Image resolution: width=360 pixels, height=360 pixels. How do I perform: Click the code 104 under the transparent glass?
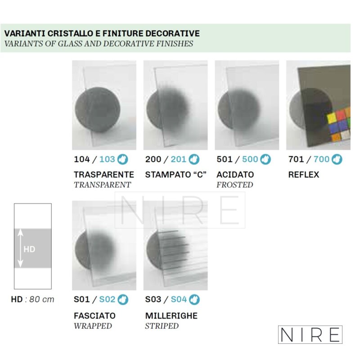(x=82, y=159)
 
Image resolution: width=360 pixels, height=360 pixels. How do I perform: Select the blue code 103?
(x=107, y=159)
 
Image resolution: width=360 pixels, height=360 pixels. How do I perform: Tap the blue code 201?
(x=178, y=159)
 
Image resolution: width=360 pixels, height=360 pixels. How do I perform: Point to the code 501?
(x=225, y=159)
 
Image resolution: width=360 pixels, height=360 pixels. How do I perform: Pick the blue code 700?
(x=321, y=159)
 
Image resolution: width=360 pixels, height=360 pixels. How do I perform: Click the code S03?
(x=153, y=299)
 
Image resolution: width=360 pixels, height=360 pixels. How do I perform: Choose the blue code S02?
(x=107, y=299)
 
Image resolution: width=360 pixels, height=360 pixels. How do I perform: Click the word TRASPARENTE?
(x=104, y=175)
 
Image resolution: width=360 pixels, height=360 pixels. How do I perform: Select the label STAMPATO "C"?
(x=176, y=175)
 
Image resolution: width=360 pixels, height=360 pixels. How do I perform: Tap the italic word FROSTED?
(x=234, y=185)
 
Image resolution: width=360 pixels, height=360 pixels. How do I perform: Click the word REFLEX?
(x=303, y=175)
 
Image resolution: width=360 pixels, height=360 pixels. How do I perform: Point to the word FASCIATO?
(x=94, y=316)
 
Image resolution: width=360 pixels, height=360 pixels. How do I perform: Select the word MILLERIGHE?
(x=171, y=316)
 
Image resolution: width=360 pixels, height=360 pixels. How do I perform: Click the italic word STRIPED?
(x=162, y=326)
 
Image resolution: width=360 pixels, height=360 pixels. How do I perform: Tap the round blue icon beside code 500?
(x=265, y=159)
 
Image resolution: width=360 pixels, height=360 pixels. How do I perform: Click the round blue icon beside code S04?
(x=194, y=300)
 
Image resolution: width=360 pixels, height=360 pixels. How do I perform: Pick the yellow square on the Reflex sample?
(x=332, y=118)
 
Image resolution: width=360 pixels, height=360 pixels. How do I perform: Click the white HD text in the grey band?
(x=29, y=249)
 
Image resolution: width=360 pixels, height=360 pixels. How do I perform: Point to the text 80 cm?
(x=42, y=299)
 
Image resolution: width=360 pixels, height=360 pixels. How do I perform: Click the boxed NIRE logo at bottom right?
(x=310, y=334)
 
